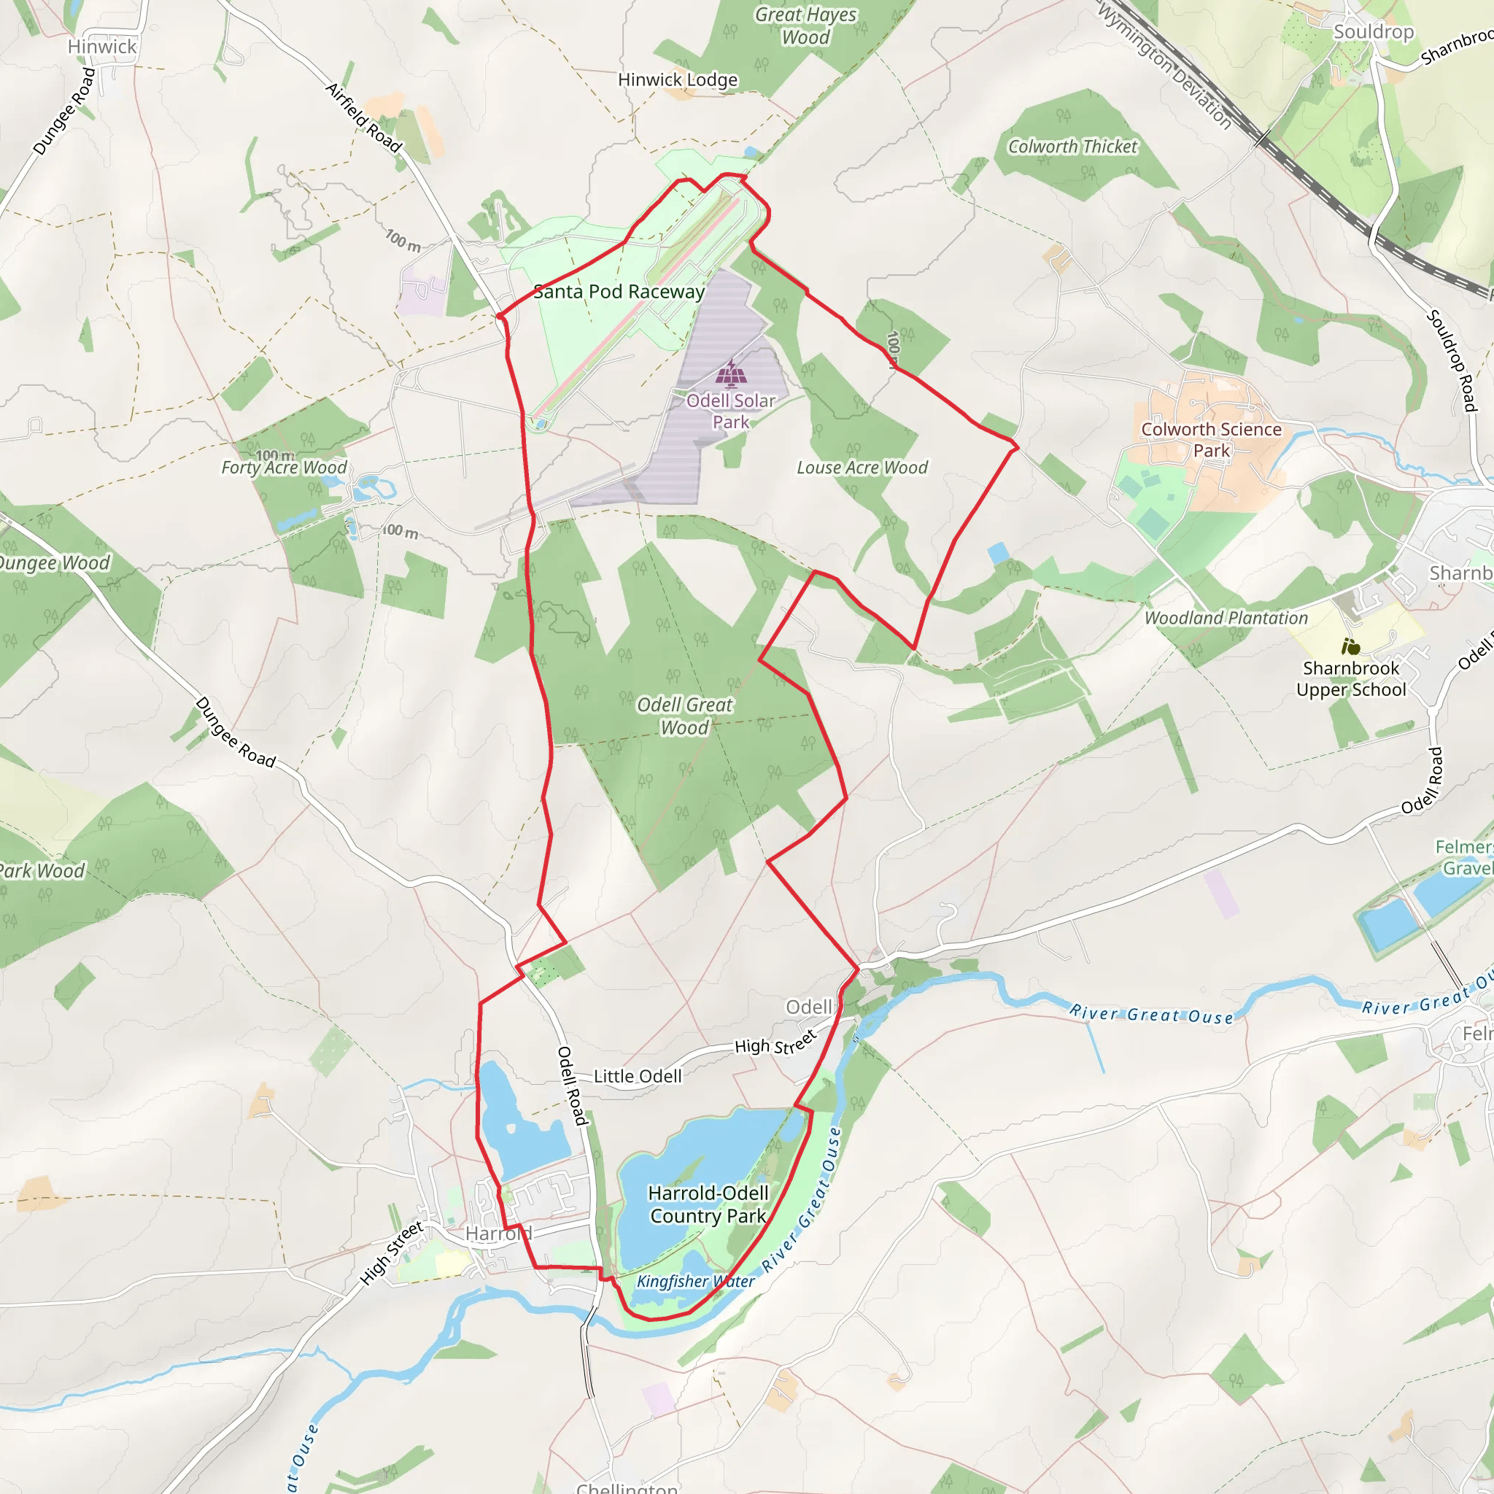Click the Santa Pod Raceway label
click(619, 292)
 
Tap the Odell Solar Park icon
click(731, 374)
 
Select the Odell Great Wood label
click(684, 716)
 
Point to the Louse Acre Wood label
click(862, 468)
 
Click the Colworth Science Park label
click(1211, 440)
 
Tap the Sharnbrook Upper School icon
click(1351, 646)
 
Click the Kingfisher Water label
click(695, 1281)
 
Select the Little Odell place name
click(638, 1077)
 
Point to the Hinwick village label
click(102, 47)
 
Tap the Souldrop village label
click(1374, 31)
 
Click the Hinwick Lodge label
click(678, 80)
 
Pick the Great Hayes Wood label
click(806, 26)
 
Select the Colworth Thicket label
click(1072, 147)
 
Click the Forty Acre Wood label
click(284, 467)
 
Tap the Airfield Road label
click(364, 117)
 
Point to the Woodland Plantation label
click(1226, 618)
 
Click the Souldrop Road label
click(1451, 360)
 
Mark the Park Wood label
click(42, 871)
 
